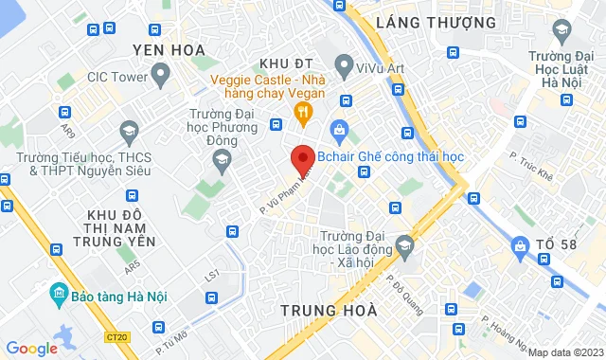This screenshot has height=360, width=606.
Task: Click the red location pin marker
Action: [302, 156]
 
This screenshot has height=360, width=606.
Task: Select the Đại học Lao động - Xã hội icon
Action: [404, 246]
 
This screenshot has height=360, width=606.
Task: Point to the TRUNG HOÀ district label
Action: [330, 310]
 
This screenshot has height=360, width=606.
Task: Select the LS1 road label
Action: [212, 275]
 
